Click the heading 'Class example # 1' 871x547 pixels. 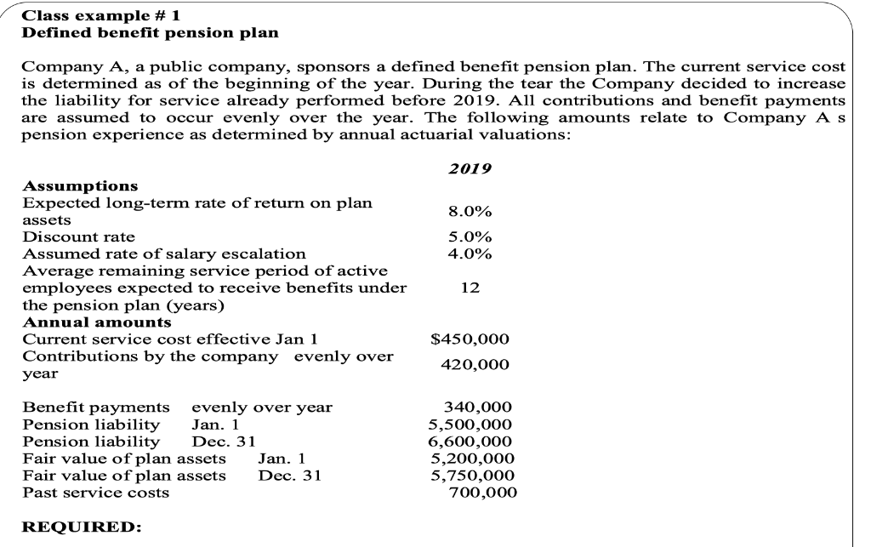pos(100,15)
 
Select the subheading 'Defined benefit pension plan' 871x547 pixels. pos(150,32)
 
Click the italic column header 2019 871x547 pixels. pos(470,168)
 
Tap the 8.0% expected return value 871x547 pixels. pos(470,211)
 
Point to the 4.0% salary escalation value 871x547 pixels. pos(470,253)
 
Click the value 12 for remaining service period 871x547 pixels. pos(469,288)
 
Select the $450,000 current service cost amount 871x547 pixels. pos(470,339)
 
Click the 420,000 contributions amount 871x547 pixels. pos(475,364)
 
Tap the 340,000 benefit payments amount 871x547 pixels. pos(480,407)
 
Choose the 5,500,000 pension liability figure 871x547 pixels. pos(471,424)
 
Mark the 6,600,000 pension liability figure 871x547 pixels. pos(471,441)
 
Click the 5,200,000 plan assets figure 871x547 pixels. pos(471,458)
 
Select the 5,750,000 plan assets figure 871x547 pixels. pos(471,475)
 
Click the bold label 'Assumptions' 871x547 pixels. pos(80,185)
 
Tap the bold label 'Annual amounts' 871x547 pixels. pos(96,322)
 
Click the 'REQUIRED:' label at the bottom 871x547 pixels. pos(81,527)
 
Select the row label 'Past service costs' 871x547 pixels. pos(94,492)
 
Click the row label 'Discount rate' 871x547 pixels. pos(77,236)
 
